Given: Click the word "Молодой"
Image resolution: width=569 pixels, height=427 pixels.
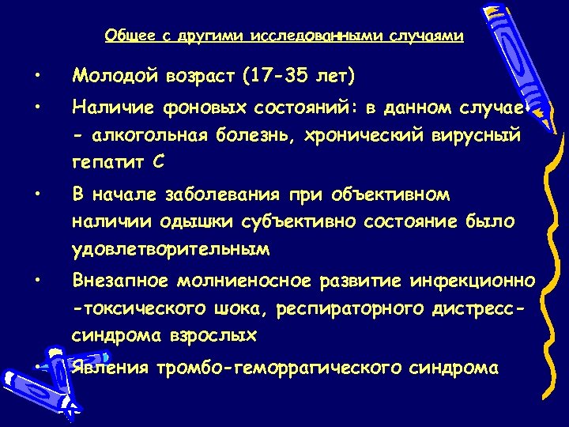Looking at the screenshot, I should coord(113,77).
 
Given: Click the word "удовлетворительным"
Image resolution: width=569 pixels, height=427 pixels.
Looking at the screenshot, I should coord(171,250).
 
